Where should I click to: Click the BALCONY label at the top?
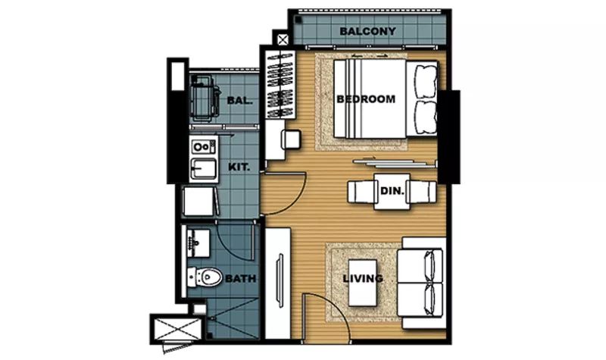pos(367,31)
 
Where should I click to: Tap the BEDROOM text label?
pos(366,99)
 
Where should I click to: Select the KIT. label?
pos(239,167)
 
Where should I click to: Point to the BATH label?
pos(240,278)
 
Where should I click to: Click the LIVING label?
pos(363,278)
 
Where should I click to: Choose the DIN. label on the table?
pos(392,191)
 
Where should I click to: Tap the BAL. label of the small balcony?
pos(239,101)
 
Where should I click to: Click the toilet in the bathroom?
pos(205,277)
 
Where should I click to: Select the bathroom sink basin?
pos(198,243)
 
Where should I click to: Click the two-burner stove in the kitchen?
pos(204,147)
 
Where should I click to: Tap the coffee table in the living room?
pos(363,283)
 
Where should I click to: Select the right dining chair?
pos(421,192)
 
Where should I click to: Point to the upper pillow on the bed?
pos(426,82)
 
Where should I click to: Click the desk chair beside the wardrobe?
pos(291,139)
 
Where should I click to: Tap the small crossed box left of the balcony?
pos(283,39)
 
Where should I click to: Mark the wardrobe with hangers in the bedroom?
pos(280,85)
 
